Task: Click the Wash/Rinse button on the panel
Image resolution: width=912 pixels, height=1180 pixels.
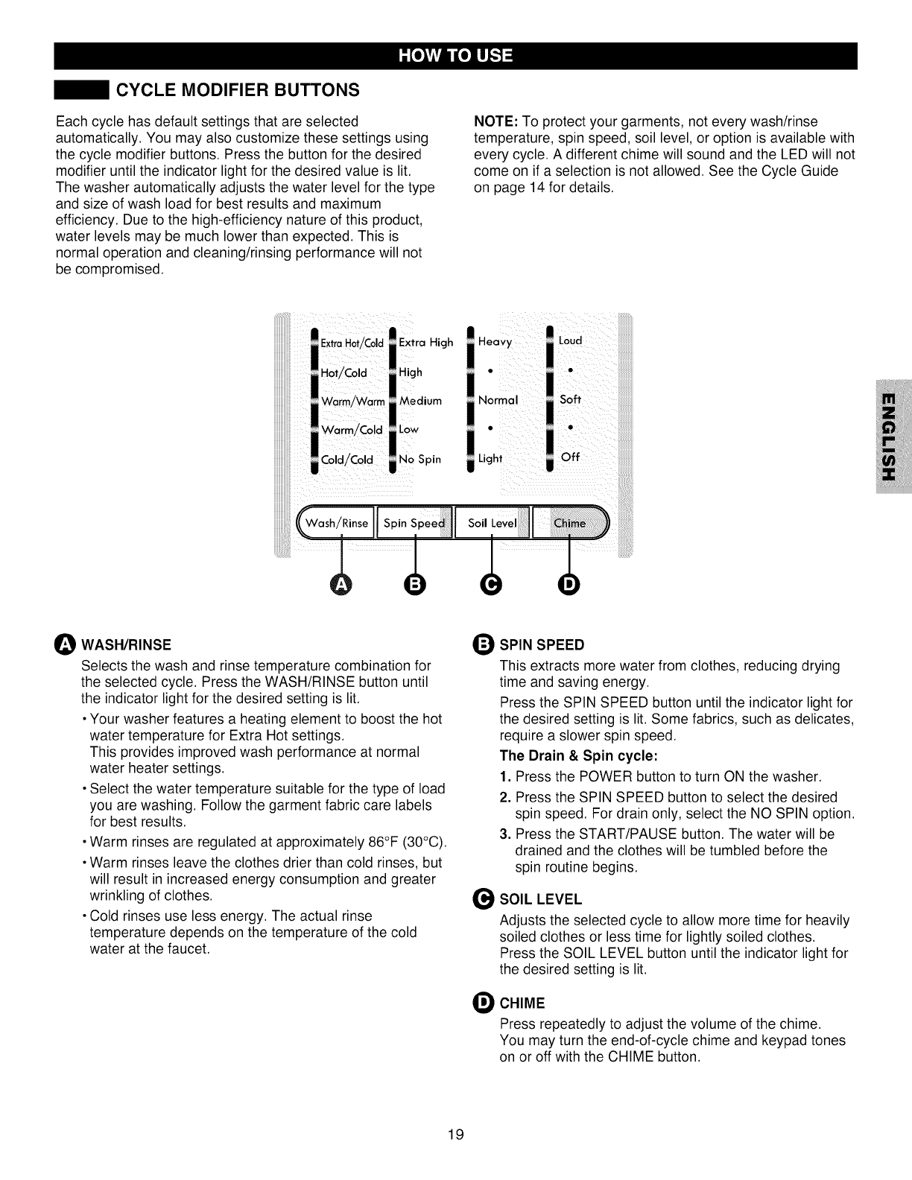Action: point(338,523)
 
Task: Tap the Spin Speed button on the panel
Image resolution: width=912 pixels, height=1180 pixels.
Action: point(414,523)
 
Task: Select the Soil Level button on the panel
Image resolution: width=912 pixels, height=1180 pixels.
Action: point(492,523)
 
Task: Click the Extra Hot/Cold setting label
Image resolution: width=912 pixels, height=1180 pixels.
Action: point(352,343)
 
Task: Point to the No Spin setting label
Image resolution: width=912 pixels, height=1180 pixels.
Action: point(419,459)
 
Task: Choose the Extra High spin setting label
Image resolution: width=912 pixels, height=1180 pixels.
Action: point(425,343)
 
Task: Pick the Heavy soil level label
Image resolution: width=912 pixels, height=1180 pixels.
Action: point(495,342)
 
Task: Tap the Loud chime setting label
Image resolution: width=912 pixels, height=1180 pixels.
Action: point(570,340)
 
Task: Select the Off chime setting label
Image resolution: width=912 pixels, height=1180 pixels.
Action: point(570,457)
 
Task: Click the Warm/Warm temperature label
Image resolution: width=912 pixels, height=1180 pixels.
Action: point(352,402)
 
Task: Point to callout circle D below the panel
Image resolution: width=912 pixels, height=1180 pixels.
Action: point(569,586)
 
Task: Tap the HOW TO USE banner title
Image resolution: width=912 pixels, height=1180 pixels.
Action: point(455,57)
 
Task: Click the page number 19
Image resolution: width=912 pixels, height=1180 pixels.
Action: point(456,1135)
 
